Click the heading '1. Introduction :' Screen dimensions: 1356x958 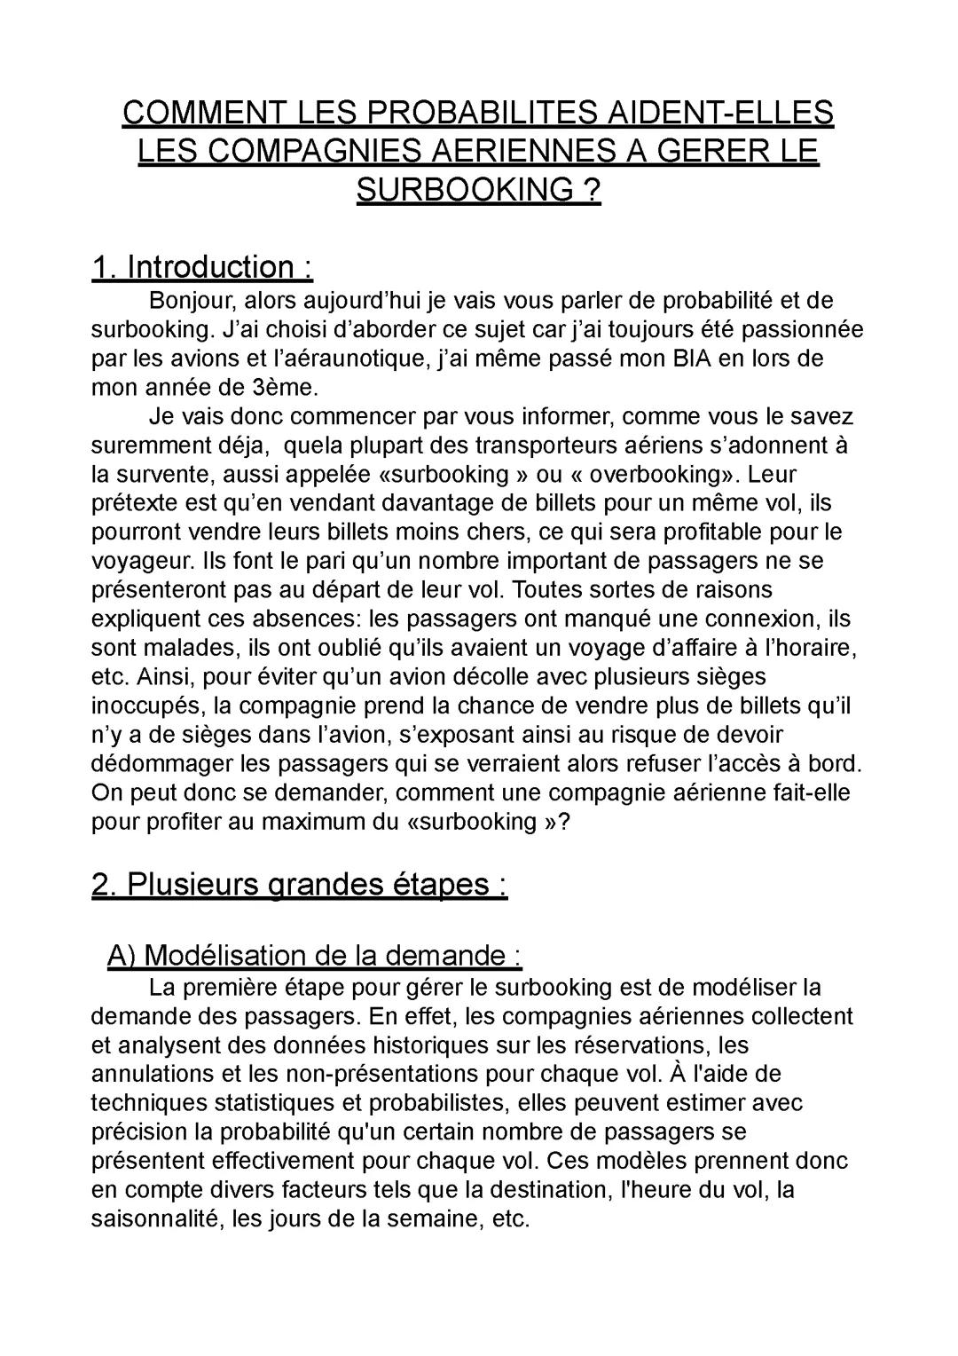202,266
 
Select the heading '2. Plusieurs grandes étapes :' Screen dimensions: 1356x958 300,884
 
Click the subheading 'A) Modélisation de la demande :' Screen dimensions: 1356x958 314,955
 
